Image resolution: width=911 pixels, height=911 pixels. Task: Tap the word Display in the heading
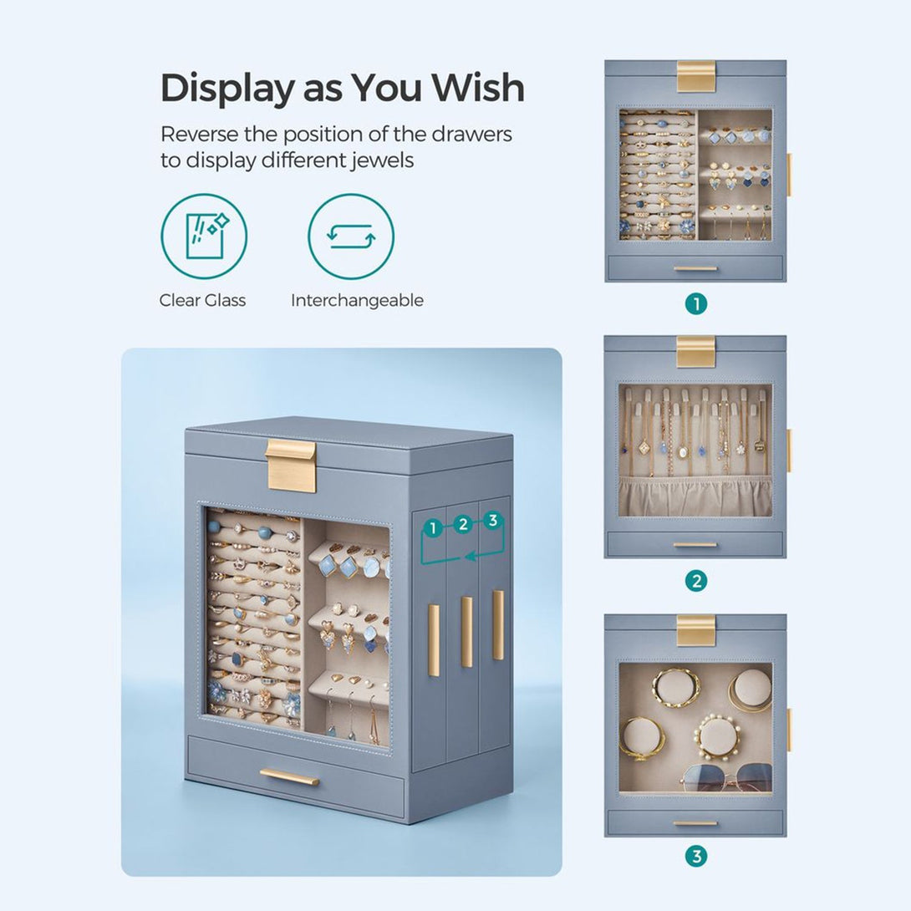(x=227, y=89)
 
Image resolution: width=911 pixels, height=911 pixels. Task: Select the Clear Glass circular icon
(x=204, y=237)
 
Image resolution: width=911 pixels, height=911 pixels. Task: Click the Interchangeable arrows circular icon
(x=351, y=237)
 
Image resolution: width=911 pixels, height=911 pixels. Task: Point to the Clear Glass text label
(x=202, y=300)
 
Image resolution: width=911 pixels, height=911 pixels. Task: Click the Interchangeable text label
(x=357, y=300)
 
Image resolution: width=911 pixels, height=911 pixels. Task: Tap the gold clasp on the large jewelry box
(x=291, y=466)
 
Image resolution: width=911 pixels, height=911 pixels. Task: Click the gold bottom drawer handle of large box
(x=289, y=776)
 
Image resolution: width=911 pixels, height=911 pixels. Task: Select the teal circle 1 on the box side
(x=433, y=529)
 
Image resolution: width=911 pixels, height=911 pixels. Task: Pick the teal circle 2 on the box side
(x=463, y=524)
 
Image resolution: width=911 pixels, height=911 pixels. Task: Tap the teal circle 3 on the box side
(x=493, y=520)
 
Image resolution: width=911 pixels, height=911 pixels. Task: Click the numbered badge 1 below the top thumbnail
(x=696, y=304)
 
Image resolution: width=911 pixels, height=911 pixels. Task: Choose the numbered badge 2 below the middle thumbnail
(x=696, y=580)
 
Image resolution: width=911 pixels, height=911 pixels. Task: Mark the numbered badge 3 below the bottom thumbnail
(x=696, y=856)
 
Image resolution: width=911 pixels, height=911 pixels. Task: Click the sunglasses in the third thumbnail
(x=725, y=779)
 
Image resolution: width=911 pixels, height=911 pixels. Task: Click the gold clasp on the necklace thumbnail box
(x=695, y=352)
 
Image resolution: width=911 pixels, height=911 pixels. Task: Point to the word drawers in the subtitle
(x=471, y=135)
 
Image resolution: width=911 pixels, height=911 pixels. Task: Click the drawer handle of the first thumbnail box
(x=695, y=269)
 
